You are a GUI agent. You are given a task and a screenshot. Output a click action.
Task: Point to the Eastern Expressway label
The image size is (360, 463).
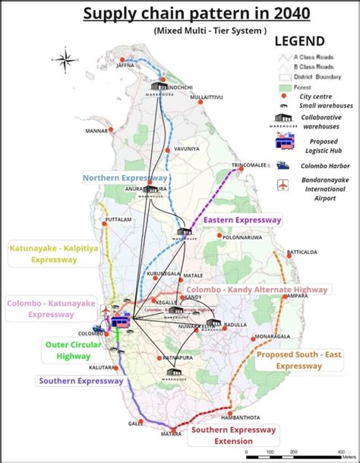pyautogui.click(x=242, y=220)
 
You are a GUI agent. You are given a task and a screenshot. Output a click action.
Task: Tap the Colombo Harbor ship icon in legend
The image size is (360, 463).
pyautogui.click(x=282, y=164)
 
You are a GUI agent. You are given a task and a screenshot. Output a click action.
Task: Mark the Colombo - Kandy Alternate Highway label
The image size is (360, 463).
pyautogui.click(x=257, y=290)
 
